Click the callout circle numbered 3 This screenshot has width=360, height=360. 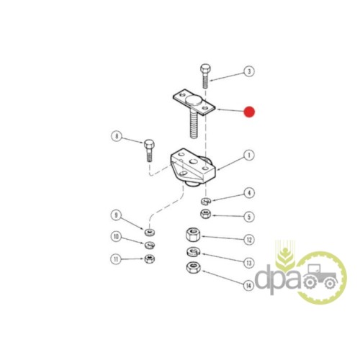click(249, 71)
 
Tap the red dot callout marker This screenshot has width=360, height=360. click(249, 112)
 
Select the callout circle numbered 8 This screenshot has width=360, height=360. click(117, 136)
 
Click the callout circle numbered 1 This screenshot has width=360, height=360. click(249, 156)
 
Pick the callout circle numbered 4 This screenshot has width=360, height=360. click(249, 193)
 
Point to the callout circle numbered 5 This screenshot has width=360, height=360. click(249, 217)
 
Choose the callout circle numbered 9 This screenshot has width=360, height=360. click(116, 215)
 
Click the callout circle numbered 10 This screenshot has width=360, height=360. click(116, 237)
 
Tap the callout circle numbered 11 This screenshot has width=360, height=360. click(116, 259)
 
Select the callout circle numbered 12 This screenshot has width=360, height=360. click(249, 240)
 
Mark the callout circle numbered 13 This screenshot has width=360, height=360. click(249, 263)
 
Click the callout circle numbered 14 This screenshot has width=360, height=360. click(248, 285)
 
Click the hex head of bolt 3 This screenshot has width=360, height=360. click(205, 68)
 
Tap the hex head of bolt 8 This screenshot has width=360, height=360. click(149, 144)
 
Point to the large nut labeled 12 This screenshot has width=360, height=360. click(193, 235)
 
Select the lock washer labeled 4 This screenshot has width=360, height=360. click(206, 201)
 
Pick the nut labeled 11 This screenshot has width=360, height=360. click(150, 258)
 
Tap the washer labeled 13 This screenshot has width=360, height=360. click(193, 251)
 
